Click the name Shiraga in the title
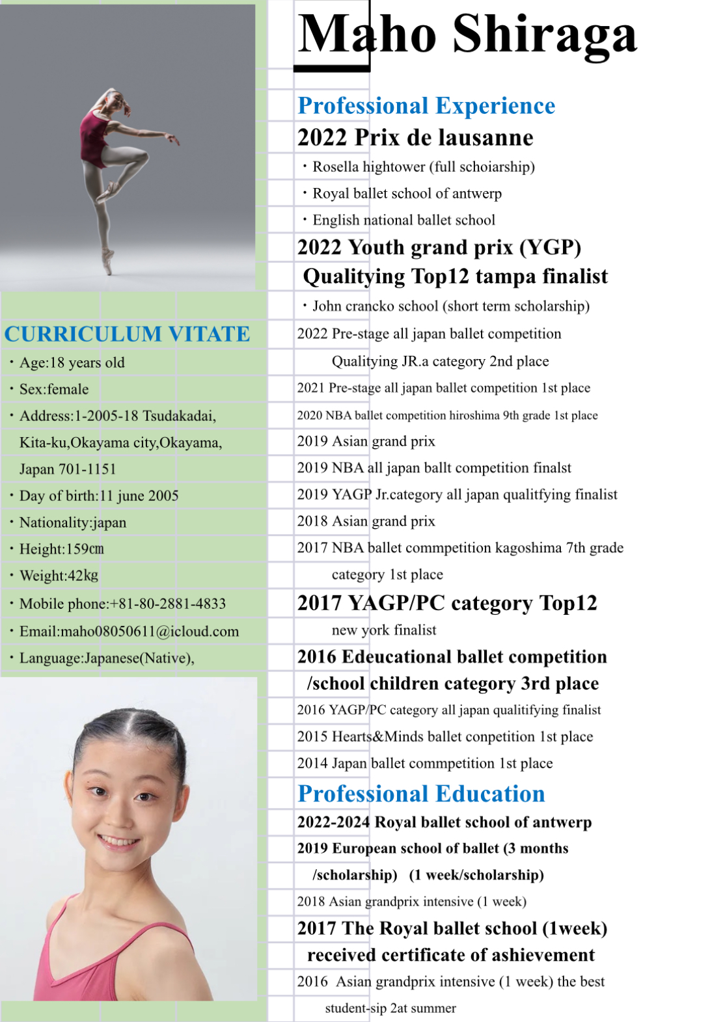click(544, 34)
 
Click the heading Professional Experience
click(426, 105)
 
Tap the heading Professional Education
click(421, 794)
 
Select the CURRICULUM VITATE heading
click(127, 334)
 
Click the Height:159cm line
click(62, 549)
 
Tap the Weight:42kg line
click(59, 576)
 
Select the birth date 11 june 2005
click(139, 496)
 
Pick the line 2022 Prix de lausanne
click(415, 138)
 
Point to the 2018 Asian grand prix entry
click(366, 521)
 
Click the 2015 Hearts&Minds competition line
click(445, 736)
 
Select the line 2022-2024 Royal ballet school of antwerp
click(444, 822)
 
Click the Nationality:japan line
click(73, 522)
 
